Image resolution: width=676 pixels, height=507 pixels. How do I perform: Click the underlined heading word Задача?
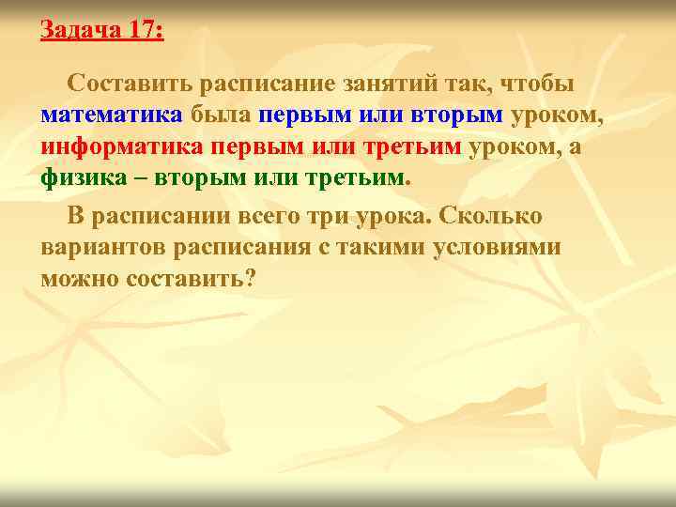80,30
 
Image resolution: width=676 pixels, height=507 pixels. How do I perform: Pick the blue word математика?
112,115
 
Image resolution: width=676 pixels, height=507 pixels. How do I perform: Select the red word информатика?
122,147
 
